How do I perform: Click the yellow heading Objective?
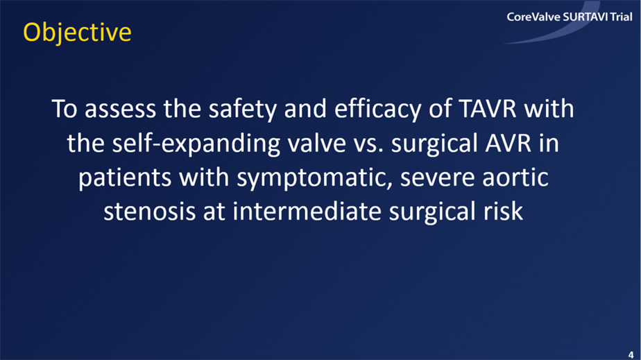pyautogui.click(x=77, y=33)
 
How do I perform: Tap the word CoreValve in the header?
pyautogui.click(x=533, y=17)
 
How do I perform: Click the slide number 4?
pyautogui.click(x=631, y=354)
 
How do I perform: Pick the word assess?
pyautogui.click(x=120, y=109)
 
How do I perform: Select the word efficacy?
pyautogui.click(x=377, y=109)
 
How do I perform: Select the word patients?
pyautogui.click(x=125, y=178)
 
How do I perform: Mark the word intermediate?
pyautogui.click(x=307, y=212)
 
